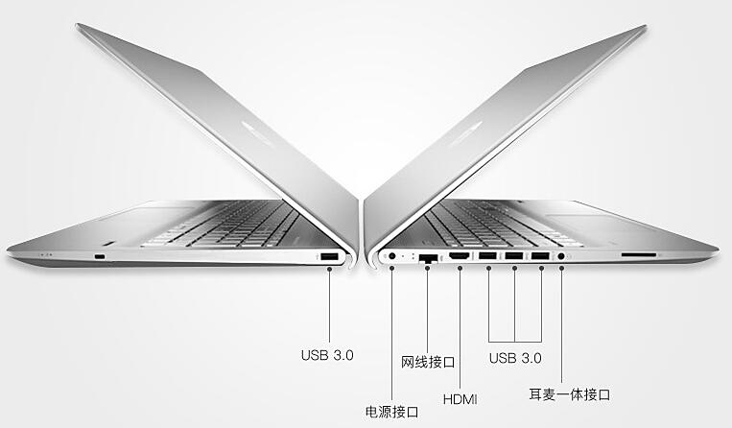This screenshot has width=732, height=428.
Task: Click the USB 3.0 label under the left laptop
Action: click(x=327, y=354)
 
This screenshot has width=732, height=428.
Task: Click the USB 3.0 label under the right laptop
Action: click(x=515, y=358)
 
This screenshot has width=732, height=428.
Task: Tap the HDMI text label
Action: click(x=459, y=398)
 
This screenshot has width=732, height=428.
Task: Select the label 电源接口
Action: click(x=391, y=413)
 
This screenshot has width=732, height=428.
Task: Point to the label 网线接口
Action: click(x=427, y=362)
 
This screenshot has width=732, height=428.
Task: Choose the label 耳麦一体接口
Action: click(x=570, y=394)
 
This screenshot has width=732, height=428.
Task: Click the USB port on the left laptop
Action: click(x=328, y=257)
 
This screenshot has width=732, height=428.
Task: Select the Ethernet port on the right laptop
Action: click(x=429, y=258)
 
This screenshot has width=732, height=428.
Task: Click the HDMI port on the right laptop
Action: click(x=460, y=257)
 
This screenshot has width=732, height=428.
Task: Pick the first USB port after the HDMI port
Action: click(x=488, y=257)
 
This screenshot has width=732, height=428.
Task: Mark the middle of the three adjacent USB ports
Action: click(x=514, y=257)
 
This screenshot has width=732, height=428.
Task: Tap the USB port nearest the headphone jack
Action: click(x=540, y=257)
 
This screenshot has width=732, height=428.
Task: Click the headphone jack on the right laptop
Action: click(x=560, y=257)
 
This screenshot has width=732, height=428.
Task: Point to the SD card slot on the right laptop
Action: click(x=639, y=256)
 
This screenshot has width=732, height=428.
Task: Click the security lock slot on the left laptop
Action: click(x=101, y=257)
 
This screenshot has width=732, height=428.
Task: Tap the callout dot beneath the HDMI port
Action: click(x=460, y=270)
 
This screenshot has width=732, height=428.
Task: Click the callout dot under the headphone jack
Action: click(x=560, y=270)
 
